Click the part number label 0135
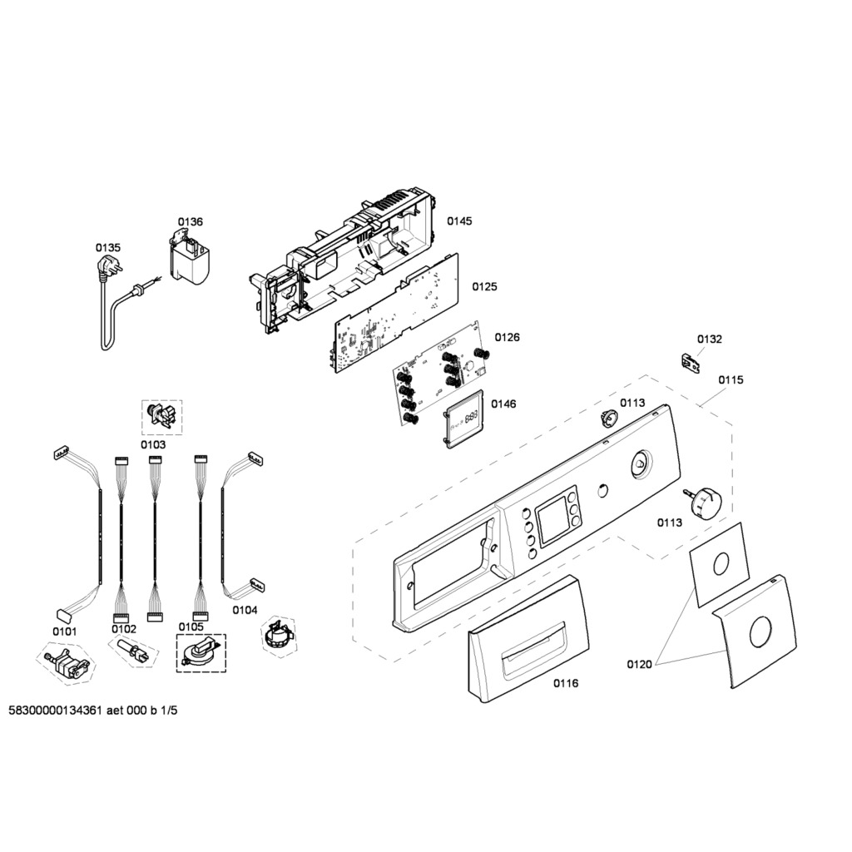(108, 248)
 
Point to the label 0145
(459, 221)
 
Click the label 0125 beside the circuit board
(485, 286)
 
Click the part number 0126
(508, 338)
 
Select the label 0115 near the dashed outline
(731, 379)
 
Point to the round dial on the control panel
(640, 464)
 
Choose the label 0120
(640, 664)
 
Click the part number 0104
(245, 610)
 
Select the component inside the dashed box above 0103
(162, 417)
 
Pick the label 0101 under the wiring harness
(65, 632)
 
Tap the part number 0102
(124, 629)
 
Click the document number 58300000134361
(56, 711)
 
